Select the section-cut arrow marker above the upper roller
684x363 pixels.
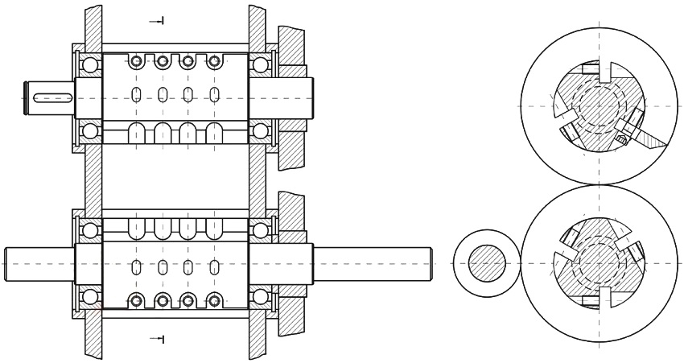158,20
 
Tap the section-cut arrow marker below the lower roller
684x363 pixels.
158,339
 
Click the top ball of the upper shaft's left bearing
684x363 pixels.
89,64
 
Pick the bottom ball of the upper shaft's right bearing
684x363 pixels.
260,130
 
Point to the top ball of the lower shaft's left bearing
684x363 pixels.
89,231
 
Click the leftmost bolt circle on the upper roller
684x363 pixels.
137,61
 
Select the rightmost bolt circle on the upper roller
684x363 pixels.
214,61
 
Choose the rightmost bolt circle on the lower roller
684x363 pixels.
214,301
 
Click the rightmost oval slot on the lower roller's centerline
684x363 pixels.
214,267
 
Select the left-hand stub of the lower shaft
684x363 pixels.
39,264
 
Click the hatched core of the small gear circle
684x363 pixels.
488,264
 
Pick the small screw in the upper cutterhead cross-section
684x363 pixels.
621,139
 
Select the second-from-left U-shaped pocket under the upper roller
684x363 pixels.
163,133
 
